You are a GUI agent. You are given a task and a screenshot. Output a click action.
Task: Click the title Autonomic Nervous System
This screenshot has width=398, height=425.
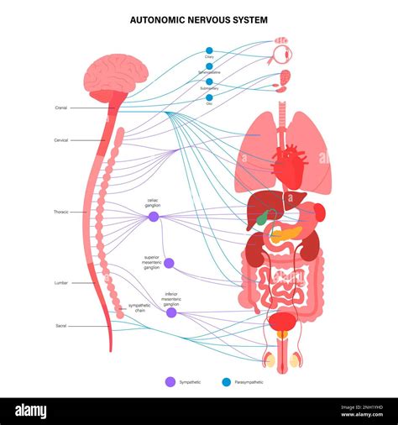pyautogui.click(x=199, y=18)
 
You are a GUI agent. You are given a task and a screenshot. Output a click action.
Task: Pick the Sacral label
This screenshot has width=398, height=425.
pyautogui.click(x=60, y=324)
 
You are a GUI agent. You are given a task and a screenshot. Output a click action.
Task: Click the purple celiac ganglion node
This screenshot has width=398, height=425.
pyautogui.click(x=154, y=217)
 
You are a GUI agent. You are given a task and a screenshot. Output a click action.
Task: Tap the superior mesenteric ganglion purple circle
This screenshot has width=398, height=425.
pyautogui.click(x=169, y=263)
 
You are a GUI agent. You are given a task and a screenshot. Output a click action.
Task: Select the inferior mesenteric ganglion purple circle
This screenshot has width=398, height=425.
pyautogui.click(x=171, y=312)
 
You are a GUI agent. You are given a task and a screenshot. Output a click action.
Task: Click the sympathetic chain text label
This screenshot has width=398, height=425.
pyautogui.click(x=139, y=308)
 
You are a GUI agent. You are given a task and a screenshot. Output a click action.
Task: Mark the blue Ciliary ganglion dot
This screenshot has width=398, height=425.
pyautogui.click(x=209, y=50)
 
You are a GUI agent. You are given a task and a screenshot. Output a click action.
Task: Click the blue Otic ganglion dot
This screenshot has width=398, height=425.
pyautogui.click(x=209, y=97)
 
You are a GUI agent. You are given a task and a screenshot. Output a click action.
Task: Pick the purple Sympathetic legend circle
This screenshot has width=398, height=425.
pyautogui.click(x=170, y=381)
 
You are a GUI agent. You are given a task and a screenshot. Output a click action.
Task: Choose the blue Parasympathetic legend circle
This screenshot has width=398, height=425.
pyautogui.click(x=226, y=381)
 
